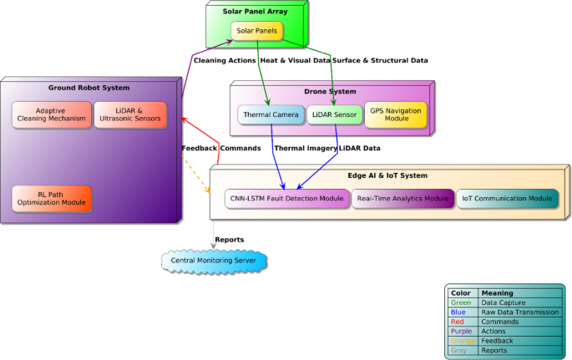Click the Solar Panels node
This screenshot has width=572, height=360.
(x=256, y=31)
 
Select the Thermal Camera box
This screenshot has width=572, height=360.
(x=270, y=114)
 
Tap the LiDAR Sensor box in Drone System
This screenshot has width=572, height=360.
(x=334, y=114)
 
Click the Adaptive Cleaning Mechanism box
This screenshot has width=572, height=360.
(x=50, y=114)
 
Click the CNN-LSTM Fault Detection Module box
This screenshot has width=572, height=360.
(x=286, y=199)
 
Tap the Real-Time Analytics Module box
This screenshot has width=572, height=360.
(x=402, y=199)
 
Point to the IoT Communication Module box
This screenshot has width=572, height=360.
(x=508, y=199)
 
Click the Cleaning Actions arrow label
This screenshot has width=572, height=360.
(x=225, y=60)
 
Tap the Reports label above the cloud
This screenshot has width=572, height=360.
(x=230, y=240)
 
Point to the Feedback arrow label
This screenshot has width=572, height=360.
(x=199, y=148)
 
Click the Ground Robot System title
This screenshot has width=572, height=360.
(x=95, y=87)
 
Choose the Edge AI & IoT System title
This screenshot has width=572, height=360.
(x=387, y=175)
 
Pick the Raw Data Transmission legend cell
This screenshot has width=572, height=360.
(x=518, y=312)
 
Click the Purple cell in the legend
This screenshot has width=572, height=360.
(x=462, y=331)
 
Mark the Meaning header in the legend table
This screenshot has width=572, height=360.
(x=498, y=293)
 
